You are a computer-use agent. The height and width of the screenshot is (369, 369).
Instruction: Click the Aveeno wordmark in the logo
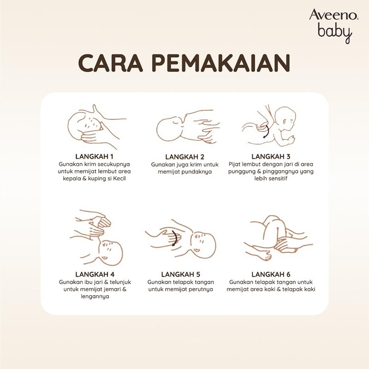tap(334, 15)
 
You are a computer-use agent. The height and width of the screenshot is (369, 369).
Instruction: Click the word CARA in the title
tap(110, 63)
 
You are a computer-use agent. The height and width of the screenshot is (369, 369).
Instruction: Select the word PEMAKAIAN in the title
tap(222, 63)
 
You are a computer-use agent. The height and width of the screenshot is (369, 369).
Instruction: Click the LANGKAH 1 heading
tap(95, 156)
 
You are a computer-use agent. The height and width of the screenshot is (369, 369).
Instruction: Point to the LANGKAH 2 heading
tap(185, 157)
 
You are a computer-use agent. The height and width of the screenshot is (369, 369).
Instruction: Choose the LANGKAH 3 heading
tap(271, 156)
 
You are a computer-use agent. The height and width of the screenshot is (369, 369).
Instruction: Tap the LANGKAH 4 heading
tap(95, 274)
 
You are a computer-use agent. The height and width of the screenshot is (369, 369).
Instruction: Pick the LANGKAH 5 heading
tap(181, 274)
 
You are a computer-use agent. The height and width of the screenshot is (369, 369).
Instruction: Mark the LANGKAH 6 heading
tap(271, 274)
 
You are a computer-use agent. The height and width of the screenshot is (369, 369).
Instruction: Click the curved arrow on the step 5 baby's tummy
tap(175, 238)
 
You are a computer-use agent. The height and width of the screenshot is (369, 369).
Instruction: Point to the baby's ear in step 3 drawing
tap(285, 122)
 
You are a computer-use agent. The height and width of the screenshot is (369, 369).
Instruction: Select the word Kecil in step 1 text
tap(119, 179)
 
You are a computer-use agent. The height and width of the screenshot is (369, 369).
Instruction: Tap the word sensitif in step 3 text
tap(277, 179)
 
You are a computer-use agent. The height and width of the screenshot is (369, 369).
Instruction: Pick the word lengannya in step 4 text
tap(95, 297)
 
